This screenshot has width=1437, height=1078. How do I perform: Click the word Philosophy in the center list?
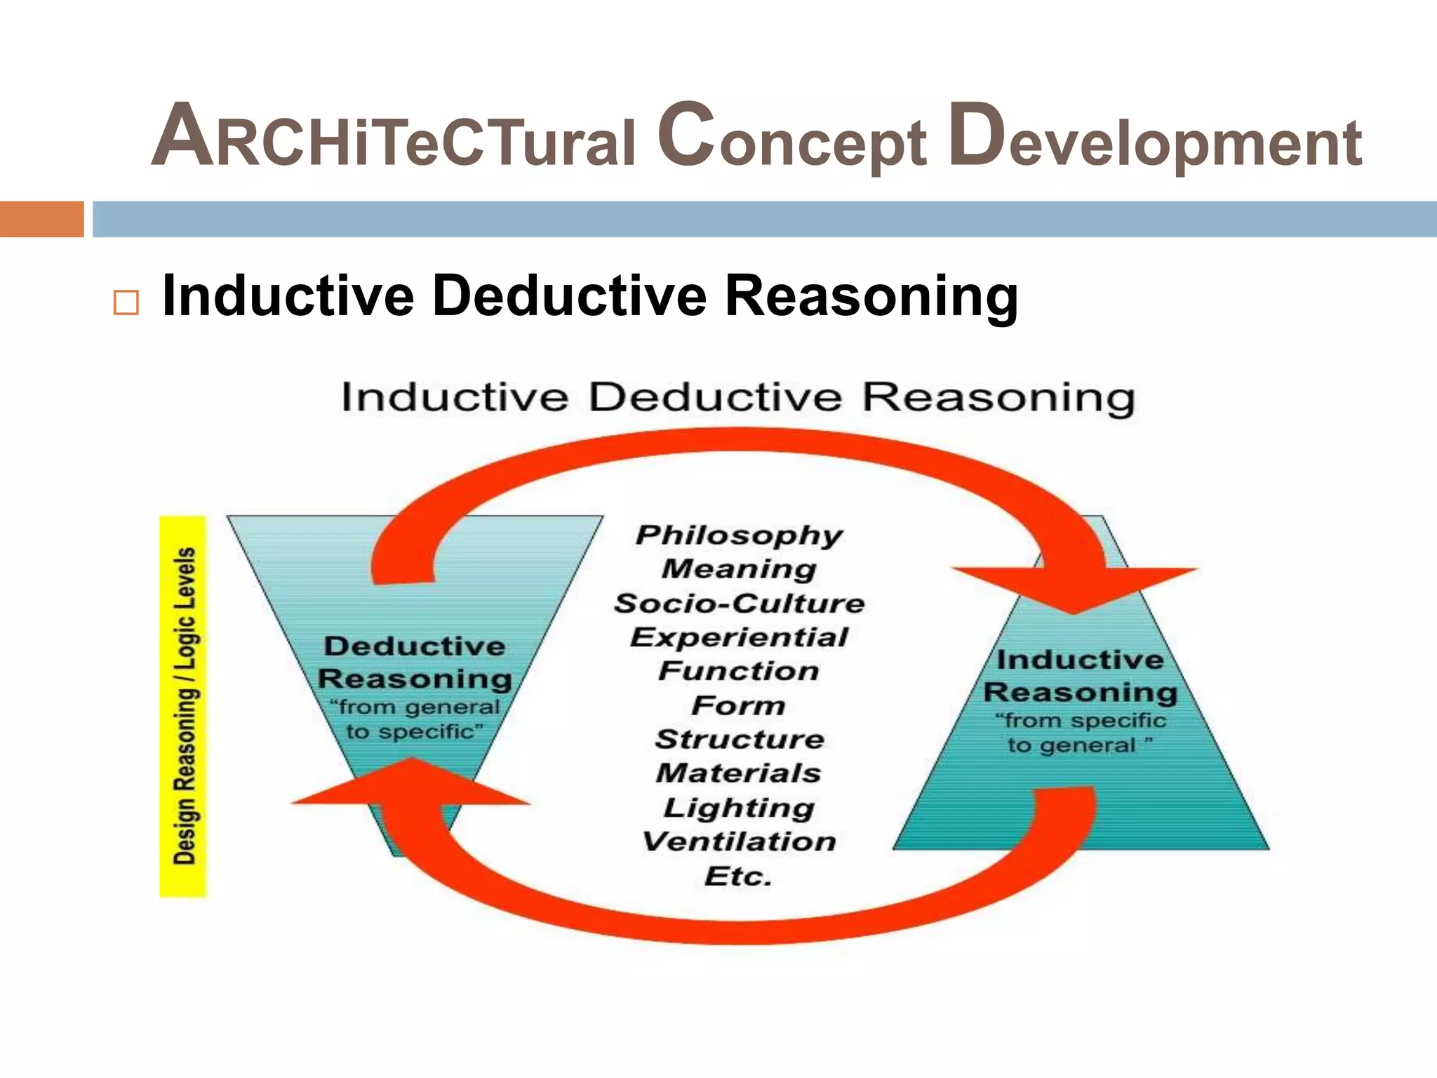(739, 535)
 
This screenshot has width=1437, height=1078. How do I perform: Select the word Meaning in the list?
(739, 569)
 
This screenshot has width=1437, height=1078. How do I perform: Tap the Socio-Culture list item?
(739, 604)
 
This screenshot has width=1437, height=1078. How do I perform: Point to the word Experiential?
(739, 637)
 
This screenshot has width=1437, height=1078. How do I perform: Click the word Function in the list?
(739, 671)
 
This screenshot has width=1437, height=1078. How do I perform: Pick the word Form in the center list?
(738, 705)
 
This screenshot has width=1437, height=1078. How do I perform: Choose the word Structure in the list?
(740, 739)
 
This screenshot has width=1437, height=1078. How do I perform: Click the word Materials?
(739, 773)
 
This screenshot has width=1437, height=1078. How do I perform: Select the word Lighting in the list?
(739, 808)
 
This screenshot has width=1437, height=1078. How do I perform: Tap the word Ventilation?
(739, 841)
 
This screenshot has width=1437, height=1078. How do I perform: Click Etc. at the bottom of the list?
(738, 876)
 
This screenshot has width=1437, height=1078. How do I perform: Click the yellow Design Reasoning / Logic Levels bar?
(183, 706)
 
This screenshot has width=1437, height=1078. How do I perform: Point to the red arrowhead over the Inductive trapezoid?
(1074, 587)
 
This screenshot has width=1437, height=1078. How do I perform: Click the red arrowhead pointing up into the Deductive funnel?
(412, 783)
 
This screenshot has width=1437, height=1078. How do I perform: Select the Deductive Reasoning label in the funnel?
(415, 662)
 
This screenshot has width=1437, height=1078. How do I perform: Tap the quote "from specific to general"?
(1080, 733)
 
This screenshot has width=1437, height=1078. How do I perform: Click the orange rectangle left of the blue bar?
(41, 219)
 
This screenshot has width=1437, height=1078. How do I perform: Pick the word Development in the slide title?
(1155, 137)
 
